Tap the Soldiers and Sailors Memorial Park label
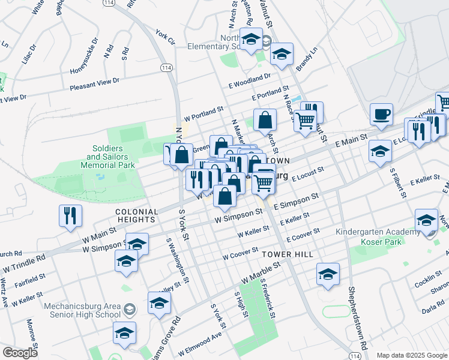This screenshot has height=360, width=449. coord(108,156)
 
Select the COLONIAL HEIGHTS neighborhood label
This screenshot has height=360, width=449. coord(137,212)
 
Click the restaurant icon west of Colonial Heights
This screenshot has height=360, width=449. coord(70,216)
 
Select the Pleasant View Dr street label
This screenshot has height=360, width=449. coord(95,83)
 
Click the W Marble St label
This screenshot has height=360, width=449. coord(261,272)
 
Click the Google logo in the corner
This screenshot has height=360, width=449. coord(20,353)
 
